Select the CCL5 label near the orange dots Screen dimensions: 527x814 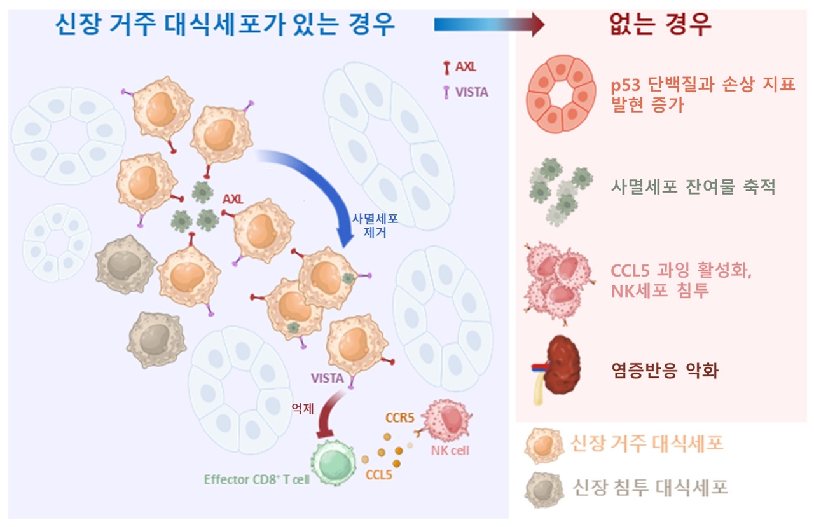378,474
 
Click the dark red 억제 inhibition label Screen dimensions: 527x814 303,409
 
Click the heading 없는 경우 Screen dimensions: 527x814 660,25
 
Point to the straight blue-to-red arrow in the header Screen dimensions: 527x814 488,25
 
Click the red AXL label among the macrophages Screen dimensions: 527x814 233,199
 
